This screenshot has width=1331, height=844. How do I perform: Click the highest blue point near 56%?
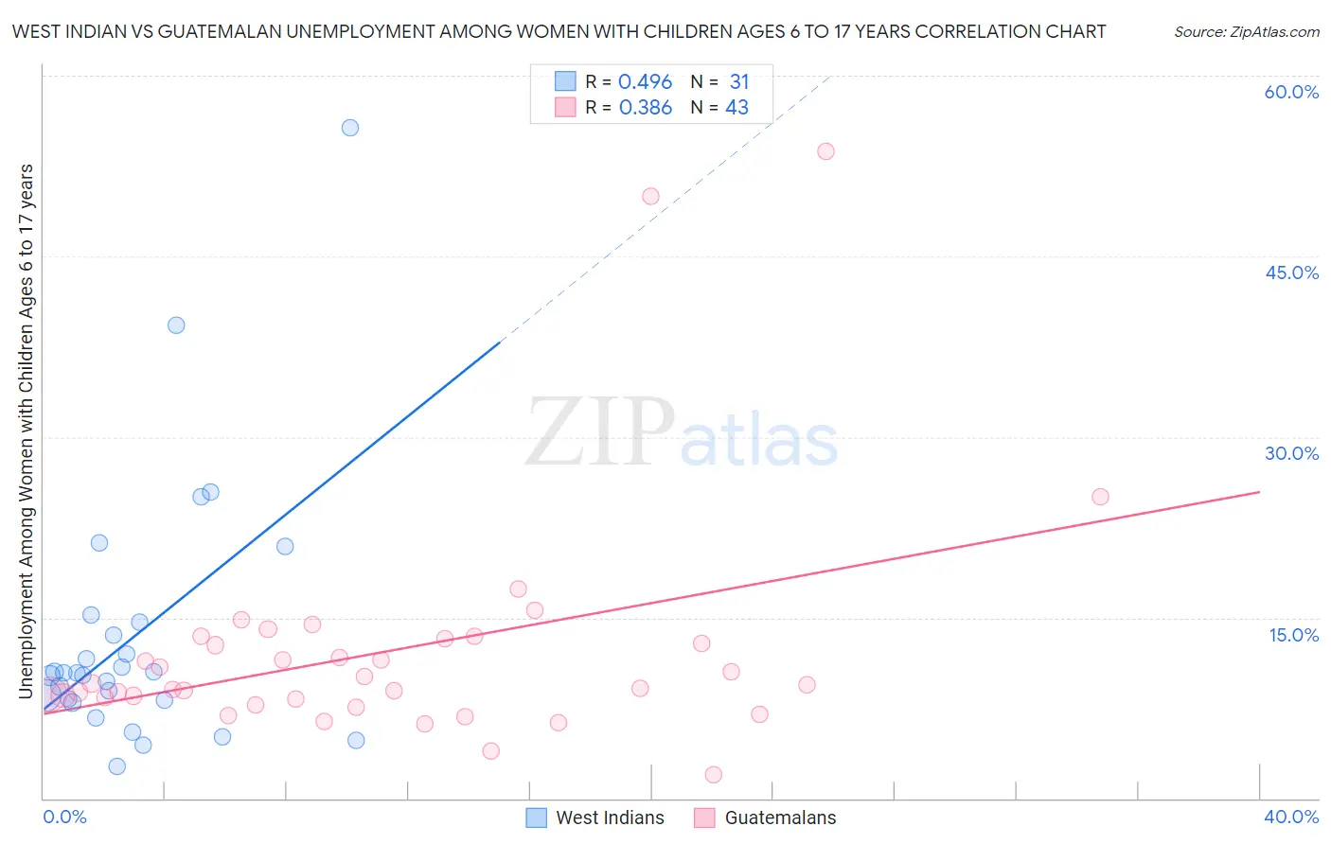coord(350,128)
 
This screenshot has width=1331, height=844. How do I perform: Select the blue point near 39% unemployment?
coord(176,325)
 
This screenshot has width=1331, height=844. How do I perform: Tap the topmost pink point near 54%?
coord(825,151)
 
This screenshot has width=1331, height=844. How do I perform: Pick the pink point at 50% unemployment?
coord(650,197)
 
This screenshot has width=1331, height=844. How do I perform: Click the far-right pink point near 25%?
coord(1100,497)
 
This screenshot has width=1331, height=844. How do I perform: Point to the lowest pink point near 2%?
coord(714,775)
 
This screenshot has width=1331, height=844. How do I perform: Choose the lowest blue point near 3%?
coord(117,766)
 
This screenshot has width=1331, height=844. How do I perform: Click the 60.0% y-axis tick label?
coord(1291,92)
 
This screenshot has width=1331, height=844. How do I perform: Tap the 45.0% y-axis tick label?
coord(1291,273)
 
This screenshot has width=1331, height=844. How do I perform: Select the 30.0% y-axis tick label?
coord(1291,453)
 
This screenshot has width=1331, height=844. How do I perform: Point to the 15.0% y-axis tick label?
coord(1293,635)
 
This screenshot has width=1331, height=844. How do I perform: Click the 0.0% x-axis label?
coord(64,817)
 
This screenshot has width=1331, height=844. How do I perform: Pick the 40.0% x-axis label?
coord(1291,817)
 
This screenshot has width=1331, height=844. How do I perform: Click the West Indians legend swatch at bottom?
coord(537,818)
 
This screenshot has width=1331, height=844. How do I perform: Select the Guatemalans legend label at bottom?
coord(780,818)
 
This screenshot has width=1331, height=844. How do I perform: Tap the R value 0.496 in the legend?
coord(645,82)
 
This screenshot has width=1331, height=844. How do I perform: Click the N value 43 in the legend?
coord(736,108)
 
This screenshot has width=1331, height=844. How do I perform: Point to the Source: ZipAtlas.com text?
coord(1246,32)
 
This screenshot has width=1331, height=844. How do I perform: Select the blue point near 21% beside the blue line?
coord(285,546)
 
